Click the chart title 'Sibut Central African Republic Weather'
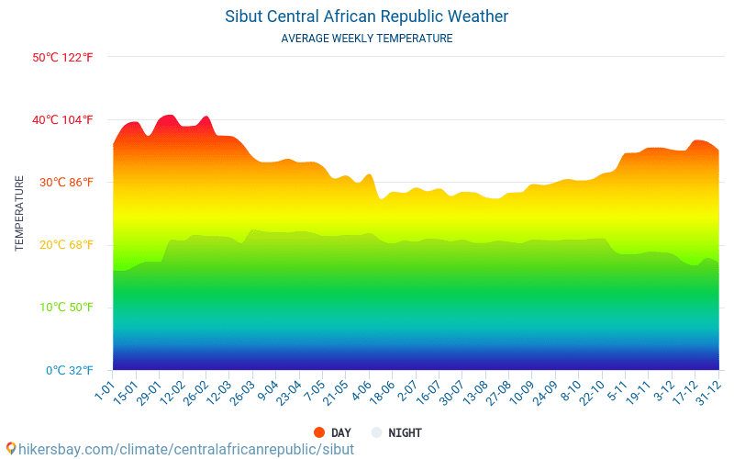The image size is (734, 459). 366,17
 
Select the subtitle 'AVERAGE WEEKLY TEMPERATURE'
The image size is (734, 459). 366,39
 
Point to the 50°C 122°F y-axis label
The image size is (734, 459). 63,58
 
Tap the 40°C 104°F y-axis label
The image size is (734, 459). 63,120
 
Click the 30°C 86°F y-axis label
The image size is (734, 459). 63,183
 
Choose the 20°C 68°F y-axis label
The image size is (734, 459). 63,245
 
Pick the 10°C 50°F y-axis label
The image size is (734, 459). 63,308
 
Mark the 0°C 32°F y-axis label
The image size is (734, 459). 63,371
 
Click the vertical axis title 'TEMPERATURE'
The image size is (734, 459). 20,213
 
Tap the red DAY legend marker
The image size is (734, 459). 319,432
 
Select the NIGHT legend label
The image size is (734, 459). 405,432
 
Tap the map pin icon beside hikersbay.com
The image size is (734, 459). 11,448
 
